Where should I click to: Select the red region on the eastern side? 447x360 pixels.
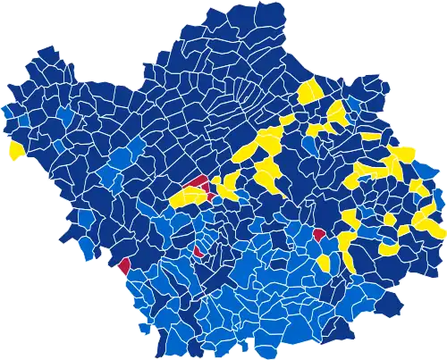pyautogui.click(x=318, y=235)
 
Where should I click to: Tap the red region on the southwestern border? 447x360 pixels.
pyautogui.click(x=123, y=264)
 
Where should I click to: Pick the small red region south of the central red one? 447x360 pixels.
pyautogui.click(x=198, y=251)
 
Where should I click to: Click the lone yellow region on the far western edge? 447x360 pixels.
pyautogui.click(x=16, y=150)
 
